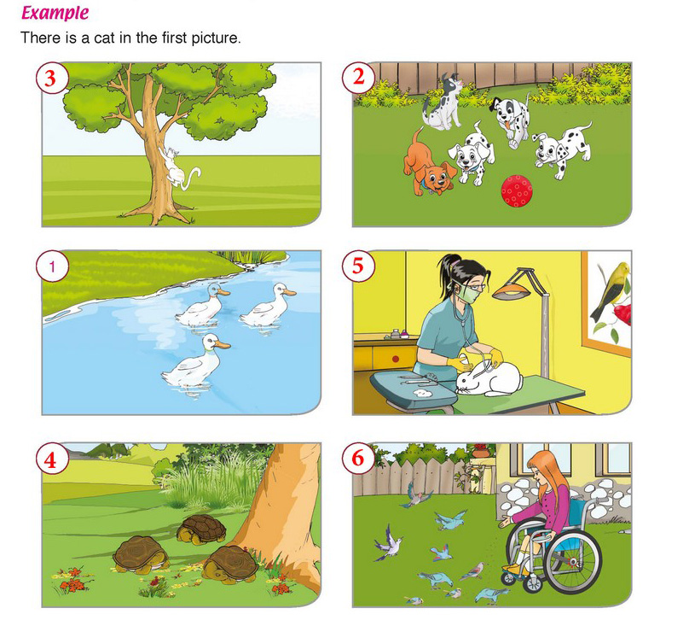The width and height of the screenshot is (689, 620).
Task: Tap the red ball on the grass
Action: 517,190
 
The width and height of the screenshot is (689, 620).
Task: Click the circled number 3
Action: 51,79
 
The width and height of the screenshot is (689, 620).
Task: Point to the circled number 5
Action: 358,266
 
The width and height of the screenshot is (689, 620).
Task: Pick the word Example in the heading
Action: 55,13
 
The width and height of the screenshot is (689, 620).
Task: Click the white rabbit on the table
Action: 489,379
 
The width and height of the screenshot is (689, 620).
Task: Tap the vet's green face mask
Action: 466,295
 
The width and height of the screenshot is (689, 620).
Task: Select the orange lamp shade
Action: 513,293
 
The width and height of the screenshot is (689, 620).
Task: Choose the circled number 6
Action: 358,459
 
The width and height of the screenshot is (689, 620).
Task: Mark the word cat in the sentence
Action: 104,38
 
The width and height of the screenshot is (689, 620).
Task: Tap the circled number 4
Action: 51,459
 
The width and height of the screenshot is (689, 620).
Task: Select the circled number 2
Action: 358,78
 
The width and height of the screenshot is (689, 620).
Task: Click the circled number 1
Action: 51,266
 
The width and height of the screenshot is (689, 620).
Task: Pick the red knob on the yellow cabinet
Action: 395,359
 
